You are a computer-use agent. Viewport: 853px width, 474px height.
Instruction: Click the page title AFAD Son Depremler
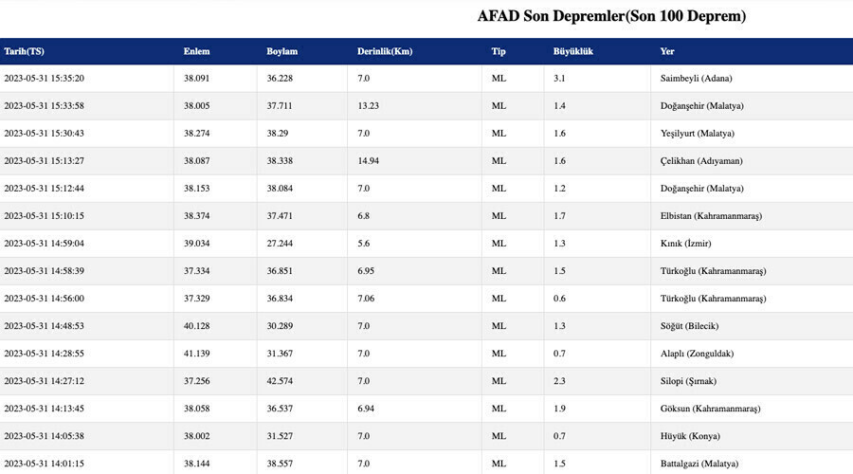[x=611, y=17]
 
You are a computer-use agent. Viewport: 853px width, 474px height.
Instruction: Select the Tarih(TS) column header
[x=24, y=51]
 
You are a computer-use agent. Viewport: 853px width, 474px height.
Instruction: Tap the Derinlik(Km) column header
[x=385, y=51]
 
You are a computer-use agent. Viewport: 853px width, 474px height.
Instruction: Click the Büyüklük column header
[x=573, y=51]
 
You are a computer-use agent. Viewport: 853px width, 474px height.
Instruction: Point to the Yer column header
[x=667, y=51]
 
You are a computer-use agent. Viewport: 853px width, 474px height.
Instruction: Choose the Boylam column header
[x=282, y=51]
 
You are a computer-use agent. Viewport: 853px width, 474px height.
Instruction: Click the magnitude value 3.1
[x=559, y=78]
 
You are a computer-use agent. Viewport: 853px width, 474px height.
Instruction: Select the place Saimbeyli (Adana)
[x=696, y=78]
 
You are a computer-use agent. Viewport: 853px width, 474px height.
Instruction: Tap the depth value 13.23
[x=369, y=105]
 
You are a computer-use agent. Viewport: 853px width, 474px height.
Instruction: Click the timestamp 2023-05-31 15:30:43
[x=45, y=133]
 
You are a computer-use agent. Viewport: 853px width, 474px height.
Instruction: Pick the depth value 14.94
[x=369, y=161]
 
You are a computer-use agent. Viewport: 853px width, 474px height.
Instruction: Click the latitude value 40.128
[x=197, y=326]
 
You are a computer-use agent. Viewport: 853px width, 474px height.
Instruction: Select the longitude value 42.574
[x=281, y=381]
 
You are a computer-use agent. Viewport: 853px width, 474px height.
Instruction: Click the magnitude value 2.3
[x=559, y=381]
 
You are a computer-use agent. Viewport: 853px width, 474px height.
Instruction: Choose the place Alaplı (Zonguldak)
[x=697, y=354]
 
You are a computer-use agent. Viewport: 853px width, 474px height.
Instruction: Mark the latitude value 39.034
[x=197, y=244]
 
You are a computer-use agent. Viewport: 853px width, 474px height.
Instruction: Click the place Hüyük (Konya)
[x=690, y=436]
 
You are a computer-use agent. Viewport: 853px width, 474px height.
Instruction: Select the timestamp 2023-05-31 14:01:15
[x=45, y=464]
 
